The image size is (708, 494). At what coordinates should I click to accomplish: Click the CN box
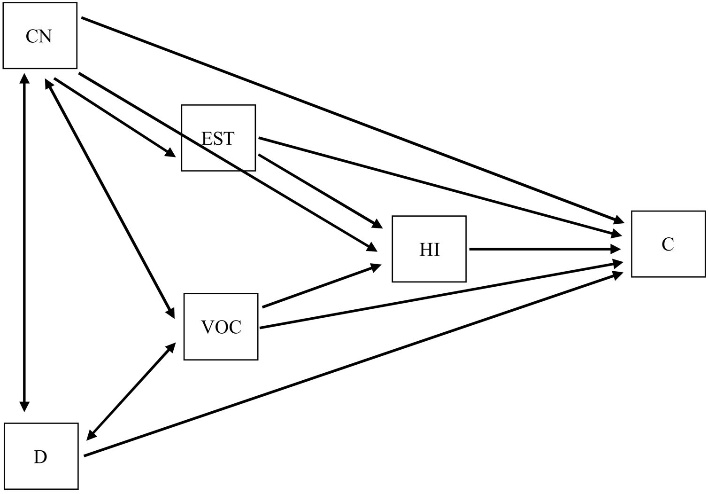point(39,36)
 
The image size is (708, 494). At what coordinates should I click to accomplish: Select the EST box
point(218,138)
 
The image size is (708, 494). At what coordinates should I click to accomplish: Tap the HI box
point(429,249)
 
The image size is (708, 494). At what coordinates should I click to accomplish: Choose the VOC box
point(221,327)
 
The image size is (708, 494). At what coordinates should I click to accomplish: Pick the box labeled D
point(41,456)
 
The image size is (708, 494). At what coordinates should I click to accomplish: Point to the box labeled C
point(668,244)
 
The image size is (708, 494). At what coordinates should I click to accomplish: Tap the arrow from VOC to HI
point(322,286)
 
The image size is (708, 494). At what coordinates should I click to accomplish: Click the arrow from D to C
point(352,365)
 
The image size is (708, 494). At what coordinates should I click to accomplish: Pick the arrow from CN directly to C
point(352,119)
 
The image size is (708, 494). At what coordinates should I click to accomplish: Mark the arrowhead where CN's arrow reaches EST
point(170,153)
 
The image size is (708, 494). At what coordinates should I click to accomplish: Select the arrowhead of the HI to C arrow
point(619,249)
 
